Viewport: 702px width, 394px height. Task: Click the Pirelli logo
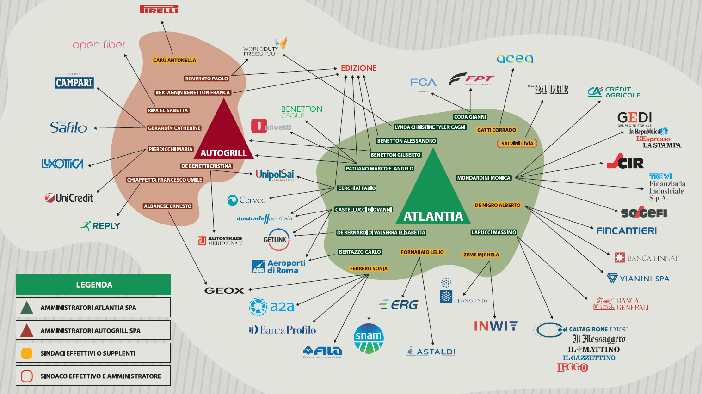pyautogui.click(x=159, y=9)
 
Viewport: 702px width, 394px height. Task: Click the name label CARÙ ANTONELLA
pyautogui.click(x=174, y=60)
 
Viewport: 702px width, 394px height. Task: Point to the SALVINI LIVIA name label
pyautogui.click(x=517, y=144)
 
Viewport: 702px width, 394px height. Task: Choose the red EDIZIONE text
pyautogui.click(x=358, y=68)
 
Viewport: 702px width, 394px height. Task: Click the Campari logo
pyautogui.click(x=74, y=82)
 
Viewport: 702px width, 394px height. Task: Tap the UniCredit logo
pyautogui.click(x=69, y=198)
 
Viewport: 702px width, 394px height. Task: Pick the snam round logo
pyautogui.click(x=369, y=339)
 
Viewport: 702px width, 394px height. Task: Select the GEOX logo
pyautogui.click(x=224, y=291)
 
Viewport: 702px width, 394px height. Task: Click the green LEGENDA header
pyautogui.click(x=93, y=285)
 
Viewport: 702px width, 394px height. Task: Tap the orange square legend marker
pyautogui.click(x=27, y=353)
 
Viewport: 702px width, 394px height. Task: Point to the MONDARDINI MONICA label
pyautogui.click(x=484, y=178)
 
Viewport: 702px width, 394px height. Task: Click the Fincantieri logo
pyautogui.click(x=626, y=230)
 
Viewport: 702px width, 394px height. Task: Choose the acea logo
pyautogui.click(x=515, y=59)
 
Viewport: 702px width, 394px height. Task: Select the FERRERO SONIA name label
pyautogui.click(x=369, y=268)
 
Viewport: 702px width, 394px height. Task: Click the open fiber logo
pyautogui.click(x=99, y=45)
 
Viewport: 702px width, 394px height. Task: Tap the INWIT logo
pyautogui.click(x=496, y=326)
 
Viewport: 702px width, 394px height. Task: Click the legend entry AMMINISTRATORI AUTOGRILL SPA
pyautogui.click(x=93, y=330)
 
